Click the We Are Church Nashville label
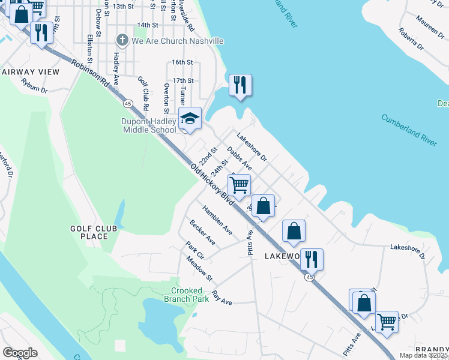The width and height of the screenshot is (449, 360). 177,41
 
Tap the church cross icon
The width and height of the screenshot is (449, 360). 122,40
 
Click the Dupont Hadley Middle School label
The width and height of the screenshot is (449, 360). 149,125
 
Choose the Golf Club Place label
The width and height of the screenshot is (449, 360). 89,232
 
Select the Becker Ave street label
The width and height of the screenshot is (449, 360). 203,232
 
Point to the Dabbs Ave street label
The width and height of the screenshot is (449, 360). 239,160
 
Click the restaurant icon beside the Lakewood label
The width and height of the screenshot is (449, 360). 312,259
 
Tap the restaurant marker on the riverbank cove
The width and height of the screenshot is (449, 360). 240,85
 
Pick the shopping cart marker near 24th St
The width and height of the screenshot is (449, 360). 239,186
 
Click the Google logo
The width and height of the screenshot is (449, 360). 20,353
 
